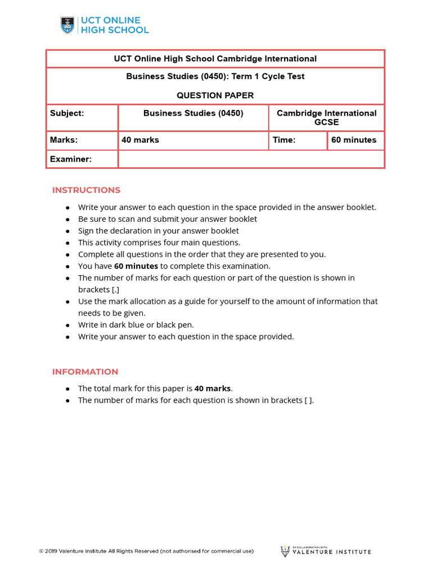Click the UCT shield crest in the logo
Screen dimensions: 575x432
(67, 25)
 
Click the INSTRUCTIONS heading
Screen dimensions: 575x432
(86, 190)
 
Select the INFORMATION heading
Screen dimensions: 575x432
(85, 372)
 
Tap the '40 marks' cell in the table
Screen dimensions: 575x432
(140, 140)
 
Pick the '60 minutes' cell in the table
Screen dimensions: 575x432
(354, 140)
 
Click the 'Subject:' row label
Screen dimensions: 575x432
(67, 113)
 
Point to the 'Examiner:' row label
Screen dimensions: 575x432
(71, 159)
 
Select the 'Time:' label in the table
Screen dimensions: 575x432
(284, 140)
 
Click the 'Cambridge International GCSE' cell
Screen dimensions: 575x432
(326, 117)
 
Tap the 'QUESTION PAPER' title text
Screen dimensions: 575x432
(215, 95)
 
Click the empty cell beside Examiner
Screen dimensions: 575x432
(251, 159)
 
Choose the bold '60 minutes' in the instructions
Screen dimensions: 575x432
(136, 266)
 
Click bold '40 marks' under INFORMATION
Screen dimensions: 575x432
(213, 388)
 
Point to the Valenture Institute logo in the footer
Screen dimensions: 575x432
(326, 551)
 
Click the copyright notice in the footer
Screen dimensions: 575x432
(146, 551)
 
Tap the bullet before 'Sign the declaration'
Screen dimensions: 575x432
(67, 231)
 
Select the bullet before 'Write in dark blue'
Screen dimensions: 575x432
(67, 325)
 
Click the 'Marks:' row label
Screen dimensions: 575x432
(64, 140)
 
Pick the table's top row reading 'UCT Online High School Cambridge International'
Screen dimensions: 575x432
(215, 59)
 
